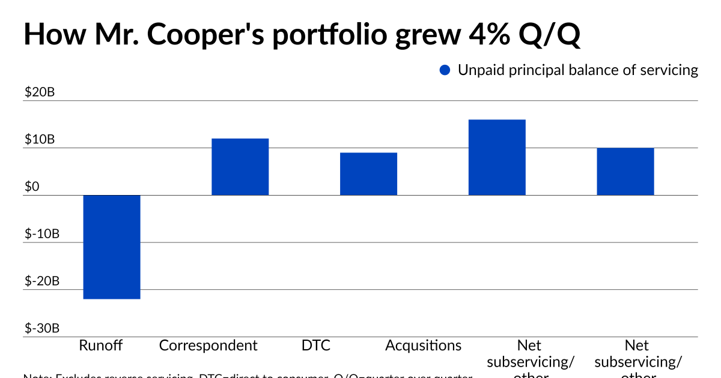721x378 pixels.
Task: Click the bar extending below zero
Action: (x=112, y=247)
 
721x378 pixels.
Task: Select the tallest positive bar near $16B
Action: (x=497, y=157)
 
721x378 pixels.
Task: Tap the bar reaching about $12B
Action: (x=240, y=167)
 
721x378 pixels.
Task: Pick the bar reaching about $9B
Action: (x=368, y=174)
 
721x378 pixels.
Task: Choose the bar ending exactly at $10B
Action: (x=625, y=172)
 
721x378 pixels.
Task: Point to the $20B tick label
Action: (x=40, y=93)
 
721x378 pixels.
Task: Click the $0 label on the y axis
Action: (x=32, y=187)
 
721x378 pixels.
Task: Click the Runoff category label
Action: (x=101, y=346)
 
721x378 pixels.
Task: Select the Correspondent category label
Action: (x=208, y=346)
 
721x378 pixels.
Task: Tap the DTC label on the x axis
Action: (x=316, y=346)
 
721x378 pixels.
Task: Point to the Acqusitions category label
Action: (x=423, y=346)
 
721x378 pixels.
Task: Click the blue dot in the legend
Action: (x=445, y=70)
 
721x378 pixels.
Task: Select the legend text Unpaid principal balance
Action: (x=577, y=70)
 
